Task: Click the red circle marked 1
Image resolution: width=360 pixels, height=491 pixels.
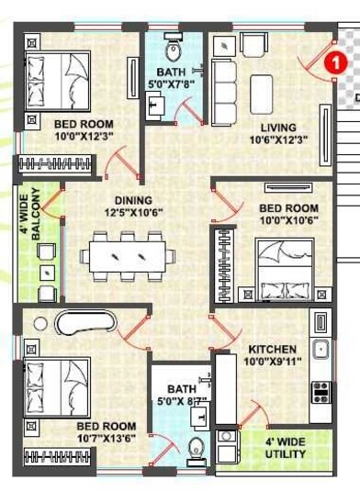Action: tap(336, 62)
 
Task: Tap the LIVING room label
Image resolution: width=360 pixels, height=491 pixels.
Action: tap(277, 128)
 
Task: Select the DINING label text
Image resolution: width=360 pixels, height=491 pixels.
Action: tap(134, 200)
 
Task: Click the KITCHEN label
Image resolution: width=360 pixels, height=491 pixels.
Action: tap(272, 349)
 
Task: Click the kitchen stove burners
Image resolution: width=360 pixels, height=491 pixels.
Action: tap(322, 391)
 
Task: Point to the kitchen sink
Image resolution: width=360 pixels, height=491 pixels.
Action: tap(321, 349)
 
